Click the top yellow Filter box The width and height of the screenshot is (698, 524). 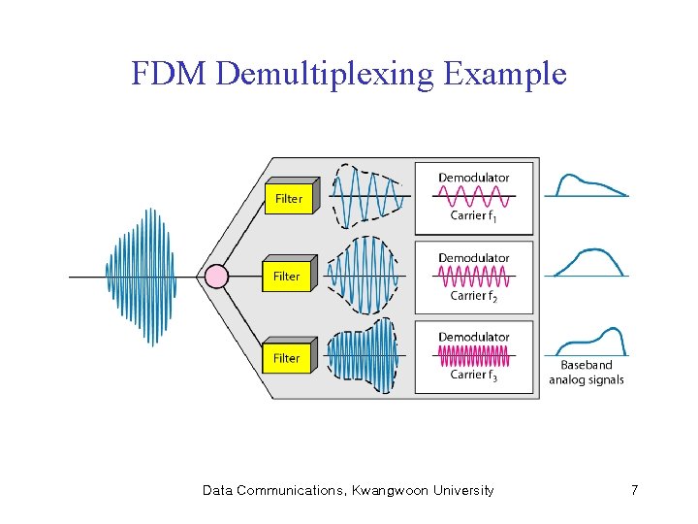point(288,198)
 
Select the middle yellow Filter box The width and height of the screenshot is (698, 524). point(287,276)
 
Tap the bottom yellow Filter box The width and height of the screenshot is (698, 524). point(287,358)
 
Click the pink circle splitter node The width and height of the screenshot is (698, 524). point(217,277)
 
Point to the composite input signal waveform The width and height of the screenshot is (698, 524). point(142,277)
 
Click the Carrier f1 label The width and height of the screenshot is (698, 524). point(474,215)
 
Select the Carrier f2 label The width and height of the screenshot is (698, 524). point(474,295)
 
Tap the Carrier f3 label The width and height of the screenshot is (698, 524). point(474,375)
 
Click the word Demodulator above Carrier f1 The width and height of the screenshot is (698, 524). point(474,178)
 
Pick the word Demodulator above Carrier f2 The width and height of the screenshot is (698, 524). point(474,258)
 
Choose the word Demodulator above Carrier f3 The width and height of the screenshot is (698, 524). point(474,337)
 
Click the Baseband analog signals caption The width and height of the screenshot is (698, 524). point(586,373)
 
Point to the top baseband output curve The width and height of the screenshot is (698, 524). point(586,185)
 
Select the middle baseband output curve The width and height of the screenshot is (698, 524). point(586,262)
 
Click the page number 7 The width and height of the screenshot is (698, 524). point(634,490)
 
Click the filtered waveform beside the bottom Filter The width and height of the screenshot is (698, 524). point(363,357)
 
